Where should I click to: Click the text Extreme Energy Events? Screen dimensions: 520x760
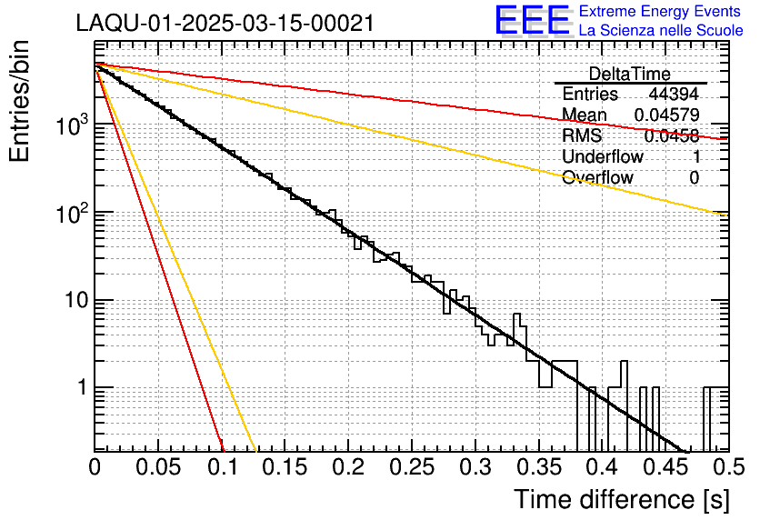(661, 12)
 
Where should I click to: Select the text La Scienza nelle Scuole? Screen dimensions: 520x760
(661, 31)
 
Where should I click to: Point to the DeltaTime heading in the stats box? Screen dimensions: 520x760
(630, 74)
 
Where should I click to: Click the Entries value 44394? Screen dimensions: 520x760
(674, 95)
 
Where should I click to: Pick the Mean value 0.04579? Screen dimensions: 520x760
(666, 115)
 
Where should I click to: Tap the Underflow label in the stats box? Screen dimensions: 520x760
(603, 156)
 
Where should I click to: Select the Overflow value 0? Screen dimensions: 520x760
(694, 177)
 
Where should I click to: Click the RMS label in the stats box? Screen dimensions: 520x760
(582, 135)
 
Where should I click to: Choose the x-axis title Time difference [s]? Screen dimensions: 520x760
(621, 499)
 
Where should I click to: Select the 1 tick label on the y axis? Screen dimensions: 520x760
(78, 388)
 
